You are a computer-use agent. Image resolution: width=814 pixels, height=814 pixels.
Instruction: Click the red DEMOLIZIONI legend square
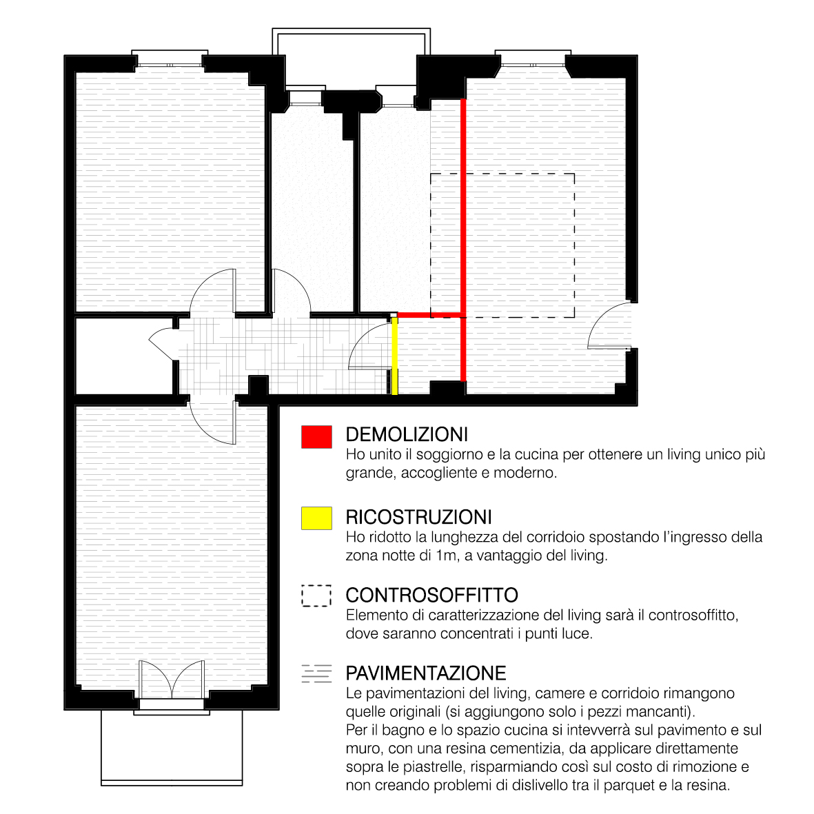[316, 436]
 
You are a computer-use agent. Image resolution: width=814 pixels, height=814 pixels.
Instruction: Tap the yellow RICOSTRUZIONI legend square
[316, 518]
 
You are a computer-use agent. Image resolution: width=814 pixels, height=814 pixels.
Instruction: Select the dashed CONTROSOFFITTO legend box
[316, 596]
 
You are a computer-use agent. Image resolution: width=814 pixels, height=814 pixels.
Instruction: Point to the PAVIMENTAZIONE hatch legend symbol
[316, 673]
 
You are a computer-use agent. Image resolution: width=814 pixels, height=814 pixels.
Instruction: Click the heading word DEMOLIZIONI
[407, 434]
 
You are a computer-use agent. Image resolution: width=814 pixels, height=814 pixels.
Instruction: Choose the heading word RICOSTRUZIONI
[419, 517]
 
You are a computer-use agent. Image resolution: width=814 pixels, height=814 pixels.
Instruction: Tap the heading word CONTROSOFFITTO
[432, 595]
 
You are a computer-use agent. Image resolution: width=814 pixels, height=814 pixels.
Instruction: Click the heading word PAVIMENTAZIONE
[426, 673]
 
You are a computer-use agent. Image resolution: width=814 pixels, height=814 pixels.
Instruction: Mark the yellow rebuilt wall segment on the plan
[394, 356]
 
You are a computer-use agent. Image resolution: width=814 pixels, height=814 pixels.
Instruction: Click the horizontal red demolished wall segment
[430, 314]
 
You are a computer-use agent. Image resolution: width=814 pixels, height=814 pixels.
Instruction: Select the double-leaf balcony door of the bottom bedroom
[172, 680]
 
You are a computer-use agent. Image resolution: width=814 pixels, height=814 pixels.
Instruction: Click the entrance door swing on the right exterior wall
[609, 325]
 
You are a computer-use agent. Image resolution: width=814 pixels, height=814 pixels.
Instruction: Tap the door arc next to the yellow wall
[369, 345]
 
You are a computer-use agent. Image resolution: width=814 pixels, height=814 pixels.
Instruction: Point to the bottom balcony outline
[172, 748]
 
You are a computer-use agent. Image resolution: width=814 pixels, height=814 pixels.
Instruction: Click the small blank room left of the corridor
[123, 355]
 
